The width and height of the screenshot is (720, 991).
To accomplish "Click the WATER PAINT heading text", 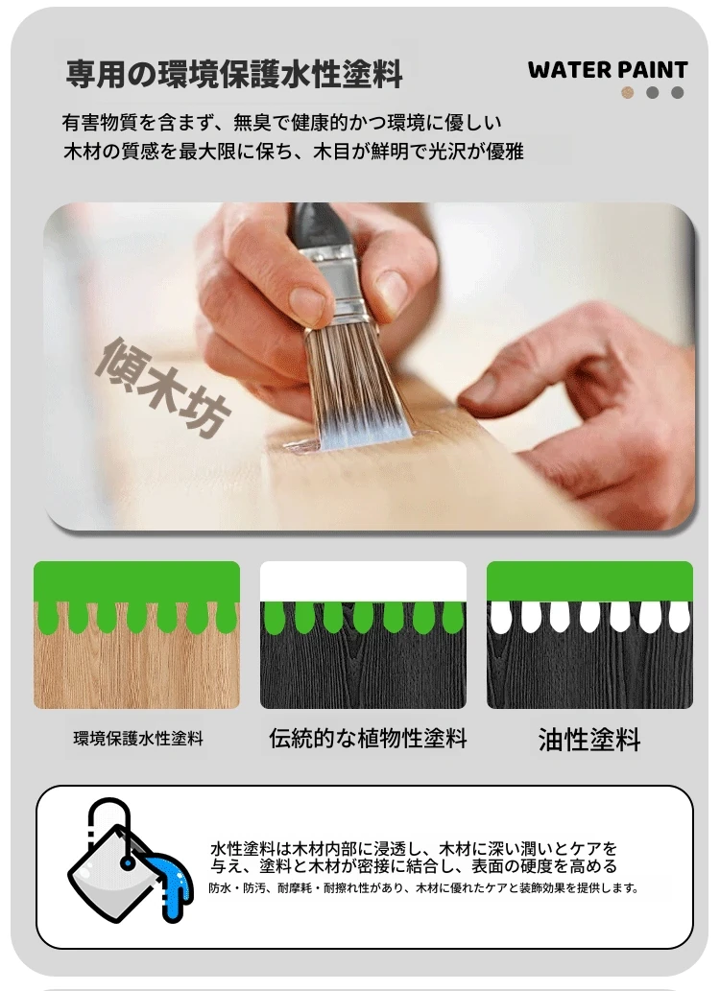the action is [608, 69].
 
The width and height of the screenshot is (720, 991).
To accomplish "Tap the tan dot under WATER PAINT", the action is [628, 93].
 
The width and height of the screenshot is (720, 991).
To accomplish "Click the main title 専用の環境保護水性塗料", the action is [234, 74].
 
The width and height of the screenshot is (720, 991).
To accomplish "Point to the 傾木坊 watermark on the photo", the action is [163, 387].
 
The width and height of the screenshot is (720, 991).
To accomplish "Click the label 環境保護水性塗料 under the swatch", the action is [138, 738].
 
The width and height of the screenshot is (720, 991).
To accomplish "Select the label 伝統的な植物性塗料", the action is [368, 738].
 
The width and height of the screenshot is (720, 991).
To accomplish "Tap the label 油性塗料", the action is [589, 740].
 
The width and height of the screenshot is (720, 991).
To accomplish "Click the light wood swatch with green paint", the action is [136, 634].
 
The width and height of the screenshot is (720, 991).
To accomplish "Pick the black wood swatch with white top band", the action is [363, 634].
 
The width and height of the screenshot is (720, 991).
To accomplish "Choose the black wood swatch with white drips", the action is [589, 634].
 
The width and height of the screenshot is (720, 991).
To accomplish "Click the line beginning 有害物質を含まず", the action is [281, 123].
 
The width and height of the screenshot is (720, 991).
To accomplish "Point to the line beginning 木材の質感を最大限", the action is [294, 152].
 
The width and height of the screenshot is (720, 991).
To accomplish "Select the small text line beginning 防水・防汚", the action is [423, 888].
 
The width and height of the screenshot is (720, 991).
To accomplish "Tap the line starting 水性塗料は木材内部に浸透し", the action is [414, 848].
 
